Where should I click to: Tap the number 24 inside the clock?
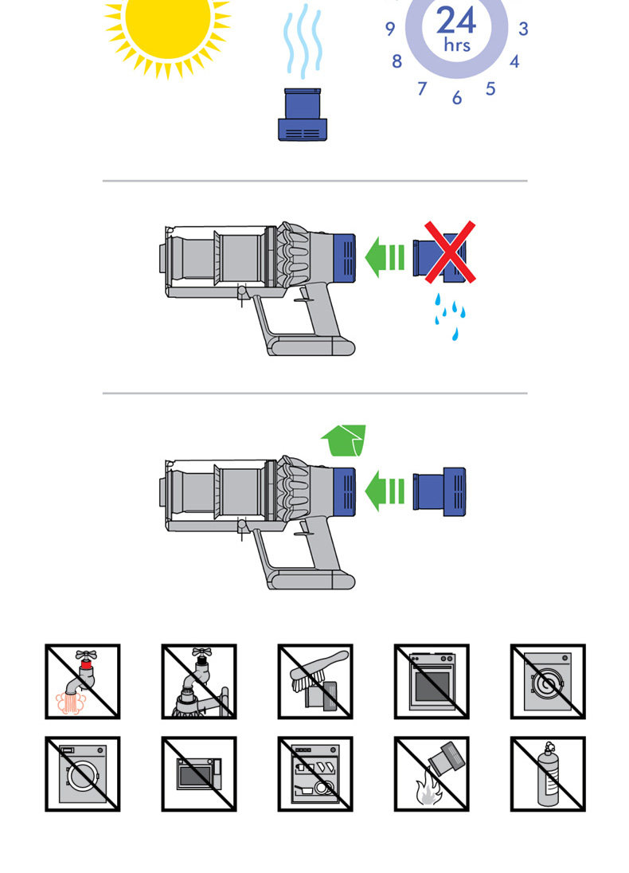[456, 19]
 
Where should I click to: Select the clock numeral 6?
[457, 98]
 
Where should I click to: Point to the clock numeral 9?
[390, 29]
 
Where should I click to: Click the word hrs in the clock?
[456, 45]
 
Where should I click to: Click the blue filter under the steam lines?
[302, 115]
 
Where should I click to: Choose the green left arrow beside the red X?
[385, 257]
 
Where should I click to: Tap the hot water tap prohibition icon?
[82, 681]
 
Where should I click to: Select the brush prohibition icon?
[314, 681]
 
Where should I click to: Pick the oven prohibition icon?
[431, 681]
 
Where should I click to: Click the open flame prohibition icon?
[431, 773]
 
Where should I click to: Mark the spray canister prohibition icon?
[548, 773]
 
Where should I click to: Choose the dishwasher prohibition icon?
[314, 773]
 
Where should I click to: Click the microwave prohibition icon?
[198, 773]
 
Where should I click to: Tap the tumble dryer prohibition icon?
[548, 681]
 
